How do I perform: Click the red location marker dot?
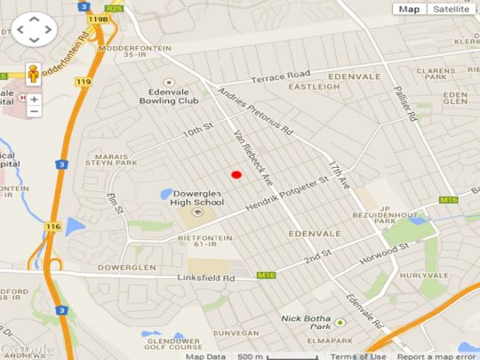pos(236,175)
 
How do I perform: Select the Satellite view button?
pos(449,9)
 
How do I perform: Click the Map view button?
pos(409,9)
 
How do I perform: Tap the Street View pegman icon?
pos(33,75)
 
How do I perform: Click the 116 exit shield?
pos(52,227)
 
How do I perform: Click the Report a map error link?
pos(436,356)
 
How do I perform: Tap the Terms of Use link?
pos(358,356)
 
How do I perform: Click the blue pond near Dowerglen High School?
pos(167,193)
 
